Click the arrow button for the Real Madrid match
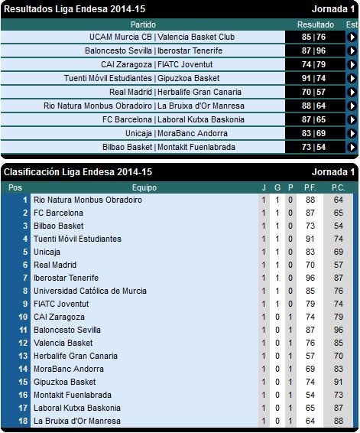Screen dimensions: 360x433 pyautogui.click(x=352, y=92)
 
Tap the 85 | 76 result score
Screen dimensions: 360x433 pyautogui.click(x=313, y=37)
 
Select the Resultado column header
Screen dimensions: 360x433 pyautogui.click(x=316, y=24)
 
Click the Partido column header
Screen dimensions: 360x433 pyautogui.click(x=143, y=24)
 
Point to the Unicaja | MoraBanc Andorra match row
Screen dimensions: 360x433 pyautogui.click(x=177, y=133)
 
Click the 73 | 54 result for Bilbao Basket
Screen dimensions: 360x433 pyautogui.click(x=313, y=147)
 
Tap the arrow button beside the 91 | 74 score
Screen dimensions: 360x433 pyautogui.click(x=352, y=78)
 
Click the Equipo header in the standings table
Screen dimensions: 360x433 pyautogui.click(x=144, y=187)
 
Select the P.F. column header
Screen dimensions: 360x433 pyautogui.click(x=310, y=187)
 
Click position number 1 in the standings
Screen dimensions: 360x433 pyautogui.click(x=25, y=200)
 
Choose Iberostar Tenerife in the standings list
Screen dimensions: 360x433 pyautogui.click(x=66, y=278)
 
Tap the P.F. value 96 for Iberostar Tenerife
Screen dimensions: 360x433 pyautogui.click(x=310, y=278)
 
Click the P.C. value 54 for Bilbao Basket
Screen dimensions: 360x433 pyautogui.click(x=339, y=226)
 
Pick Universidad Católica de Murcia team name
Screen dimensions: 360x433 pyautogui.click(x=90, y=291)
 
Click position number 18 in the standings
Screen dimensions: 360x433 pyautogui.click(x=23, y=421)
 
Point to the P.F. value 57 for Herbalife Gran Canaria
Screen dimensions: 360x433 pyautogui.click(x=310, y=356)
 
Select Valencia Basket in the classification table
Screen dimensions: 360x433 pyautogui.click(x=63, y=343)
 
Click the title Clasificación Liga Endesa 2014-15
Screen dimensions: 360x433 pyautogui.click(x=78, y=172)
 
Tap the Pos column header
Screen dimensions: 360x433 pyautogui.click(x=15, y=187)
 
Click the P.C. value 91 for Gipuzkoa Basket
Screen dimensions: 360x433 pyautogui.click(x=339, y=382)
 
